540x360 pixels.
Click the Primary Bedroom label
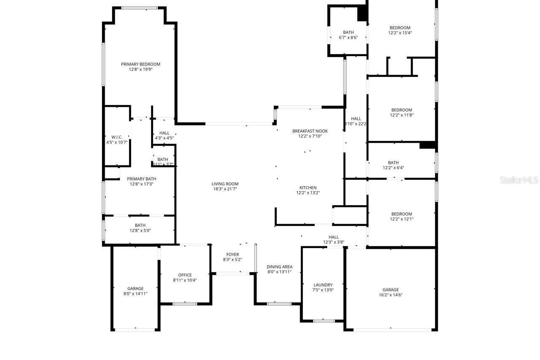(140, 64)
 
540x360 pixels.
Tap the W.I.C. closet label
(117, 137)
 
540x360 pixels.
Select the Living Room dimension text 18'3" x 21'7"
(225, 189)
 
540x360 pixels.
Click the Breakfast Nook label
(310, 131)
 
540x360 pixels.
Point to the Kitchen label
(308, 188)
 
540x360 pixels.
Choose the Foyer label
(232, 254)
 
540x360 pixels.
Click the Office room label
(185, 275)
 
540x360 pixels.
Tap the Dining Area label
(279, 267)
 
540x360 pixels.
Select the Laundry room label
(323, 285)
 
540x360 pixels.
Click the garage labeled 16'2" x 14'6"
(391, 292)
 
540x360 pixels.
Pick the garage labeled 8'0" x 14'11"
(135, 291)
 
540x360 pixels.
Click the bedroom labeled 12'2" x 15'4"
(400, 30)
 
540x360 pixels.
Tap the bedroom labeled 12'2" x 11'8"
(402, 112)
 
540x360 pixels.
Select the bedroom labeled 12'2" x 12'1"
(402, 217)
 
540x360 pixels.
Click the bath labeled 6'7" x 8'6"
(348, 35)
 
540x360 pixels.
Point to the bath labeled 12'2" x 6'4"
(393, 165)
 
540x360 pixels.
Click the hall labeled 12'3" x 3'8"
(334, 240)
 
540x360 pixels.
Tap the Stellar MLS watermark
(519, 180)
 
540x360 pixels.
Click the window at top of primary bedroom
(139, 8)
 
